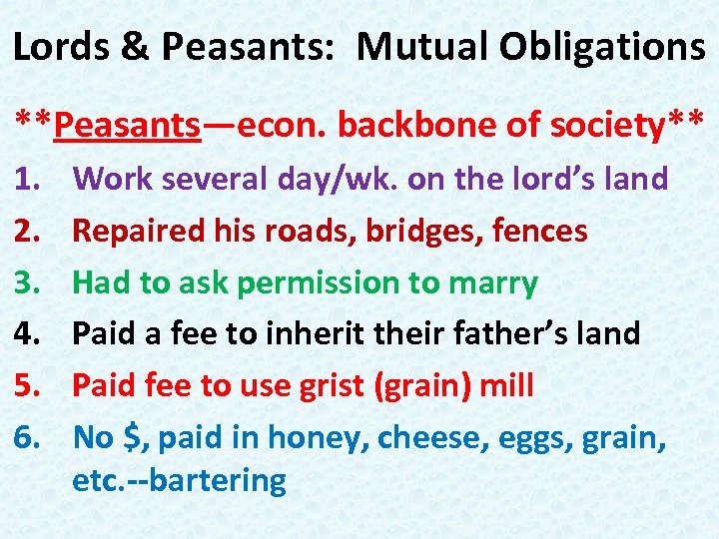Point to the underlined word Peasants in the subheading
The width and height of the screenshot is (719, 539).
tap(128, 125)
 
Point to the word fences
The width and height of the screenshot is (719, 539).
tap(543, 232)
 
